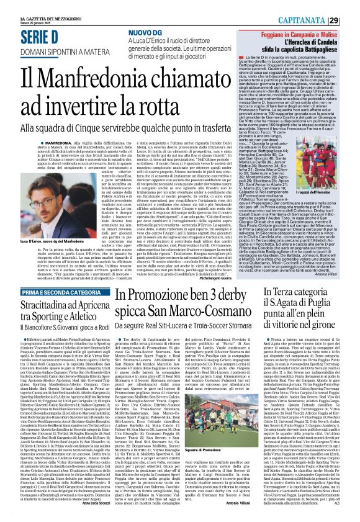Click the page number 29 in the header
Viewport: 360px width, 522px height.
pyautogui.click(x=351, y=7)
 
